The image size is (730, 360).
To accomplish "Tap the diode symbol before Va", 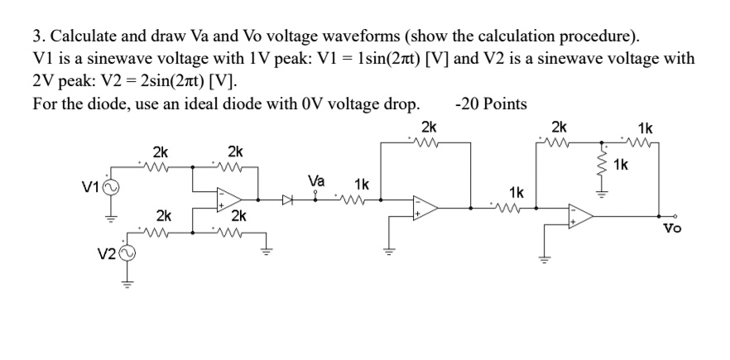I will [287, 199].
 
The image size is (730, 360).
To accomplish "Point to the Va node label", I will [316, 180].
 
